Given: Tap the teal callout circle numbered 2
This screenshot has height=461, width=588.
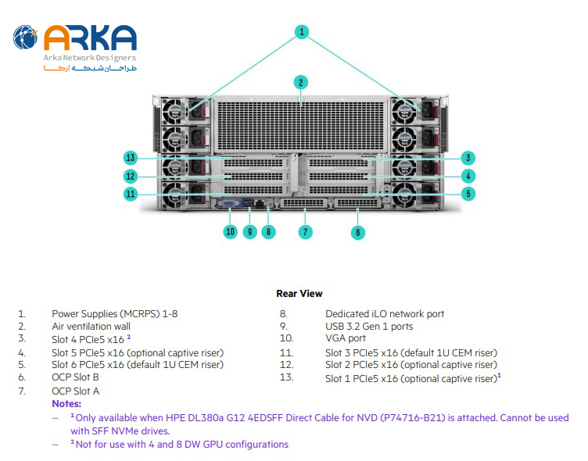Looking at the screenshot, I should coord(301,81).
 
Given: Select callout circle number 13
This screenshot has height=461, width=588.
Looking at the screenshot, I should coord(131,158).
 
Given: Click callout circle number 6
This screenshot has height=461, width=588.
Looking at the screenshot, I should coord(358,231).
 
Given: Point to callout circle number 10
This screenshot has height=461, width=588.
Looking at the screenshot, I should coord(230,231).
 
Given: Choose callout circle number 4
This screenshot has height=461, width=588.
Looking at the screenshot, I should coord(468,176).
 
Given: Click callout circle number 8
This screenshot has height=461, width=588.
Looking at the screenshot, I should coord(268,231).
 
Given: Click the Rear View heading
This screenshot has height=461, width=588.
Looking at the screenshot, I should coord(299,294).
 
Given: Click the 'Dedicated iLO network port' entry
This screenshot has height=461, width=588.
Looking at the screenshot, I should coord(385,314).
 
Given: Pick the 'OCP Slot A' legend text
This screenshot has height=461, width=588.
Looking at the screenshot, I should coord(75,391).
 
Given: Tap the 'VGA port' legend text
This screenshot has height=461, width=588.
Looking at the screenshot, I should coord(346,339).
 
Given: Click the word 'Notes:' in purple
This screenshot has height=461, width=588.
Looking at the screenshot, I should coord(66,404).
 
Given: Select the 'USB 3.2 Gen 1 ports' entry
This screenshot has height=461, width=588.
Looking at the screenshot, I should coord(369,327).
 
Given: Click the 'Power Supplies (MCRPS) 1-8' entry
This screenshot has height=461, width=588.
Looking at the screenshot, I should coord(114,314).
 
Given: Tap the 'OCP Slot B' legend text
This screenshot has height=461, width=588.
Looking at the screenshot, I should coord(75,377).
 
